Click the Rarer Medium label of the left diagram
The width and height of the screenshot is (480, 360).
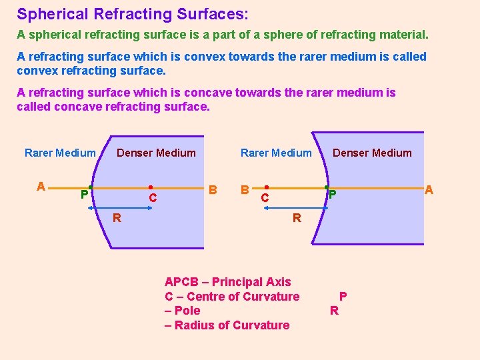(60, 153)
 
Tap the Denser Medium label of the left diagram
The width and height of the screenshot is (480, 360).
(156, 153)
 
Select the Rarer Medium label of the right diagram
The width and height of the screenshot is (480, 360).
(276, 153)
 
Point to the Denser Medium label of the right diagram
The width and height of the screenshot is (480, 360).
(372, 153)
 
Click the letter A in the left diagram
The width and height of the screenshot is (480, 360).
(41, 187)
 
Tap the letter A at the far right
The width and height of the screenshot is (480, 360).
(429, 190)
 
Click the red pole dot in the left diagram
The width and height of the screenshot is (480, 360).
(91, 187)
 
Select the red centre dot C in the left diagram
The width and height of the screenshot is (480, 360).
(151, 187)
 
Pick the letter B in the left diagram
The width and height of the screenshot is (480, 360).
(213, 189)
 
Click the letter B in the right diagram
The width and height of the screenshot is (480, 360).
(245, 189)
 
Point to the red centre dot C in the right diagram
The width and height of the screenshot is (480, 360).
(266, 187)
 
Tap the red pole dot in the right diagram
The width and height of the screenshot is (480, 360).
(326, 187)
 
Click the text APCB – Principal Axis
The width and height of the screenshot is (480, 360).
(227, 282)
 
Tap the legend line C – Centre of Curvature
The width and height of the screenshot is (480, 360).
(232, 296)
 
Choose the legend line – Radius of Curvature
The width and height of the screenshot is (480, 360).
(227, 325)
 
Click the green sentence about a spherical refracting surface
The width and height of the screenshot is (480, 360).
(223, 34)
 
